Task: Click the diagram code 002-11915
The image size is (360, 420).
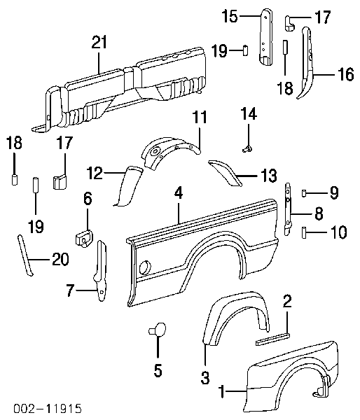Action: point(48,409)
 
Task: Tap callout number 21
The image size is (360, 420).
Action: point(99,42)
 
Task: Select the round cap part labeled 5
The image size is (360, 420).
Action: point(158,330)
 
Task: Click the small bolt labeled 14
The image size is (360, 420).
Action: point(247,149)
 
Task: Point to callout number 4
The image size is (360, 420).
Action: point(179,193)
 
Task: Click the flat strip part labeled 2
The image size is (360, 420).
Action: point(272,339)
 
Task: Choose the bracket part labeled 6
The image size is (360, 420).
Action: point(84,239)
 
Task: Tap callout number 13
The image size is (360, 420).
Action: point(268,176)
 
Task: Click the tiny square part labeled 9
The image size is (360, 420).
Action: point(304,193)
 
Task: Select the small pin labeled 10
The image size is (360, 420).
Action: point(304,232)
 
